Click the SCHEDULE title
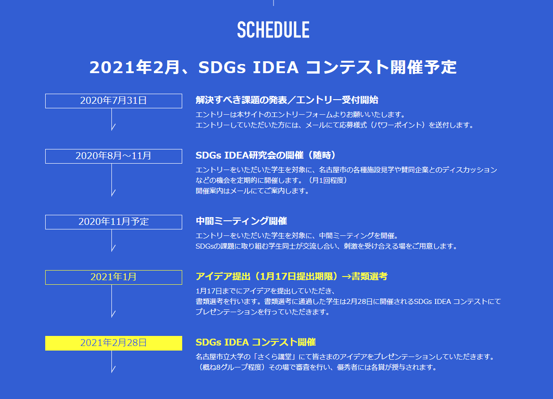(x=273, y=30)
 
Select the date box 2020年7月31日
(x=114, y=101)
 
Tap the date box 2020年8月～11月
(x=114, y=156)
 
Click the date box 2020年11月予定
(x=114, y=222)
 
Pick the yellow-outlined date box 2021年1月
(x=114, y=277)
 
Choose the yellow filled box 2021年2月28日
(x=114, y=343)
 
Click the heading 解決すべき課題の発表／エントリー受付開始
(x=287, y=100)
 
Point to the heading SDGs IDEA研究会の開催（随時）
(x=266, y=155)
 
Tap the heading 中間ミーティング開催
(x=241, y=221)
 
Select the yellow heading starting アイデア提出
(x=291, y=276)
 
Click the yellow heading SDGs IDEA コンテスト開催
(x=256, y=342)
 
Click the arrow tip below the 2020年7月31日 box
(x=111, y=130)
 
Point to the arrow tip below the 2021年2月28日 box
(x=111, y=372)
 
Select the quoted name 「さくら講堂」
(x=274, y=357)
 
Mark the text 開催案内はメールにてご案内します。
(x=253, y=191)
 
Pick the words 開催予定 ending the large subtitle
(x=424, y=67)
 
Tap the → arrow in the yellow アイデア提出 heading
(x=346, y=277)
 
